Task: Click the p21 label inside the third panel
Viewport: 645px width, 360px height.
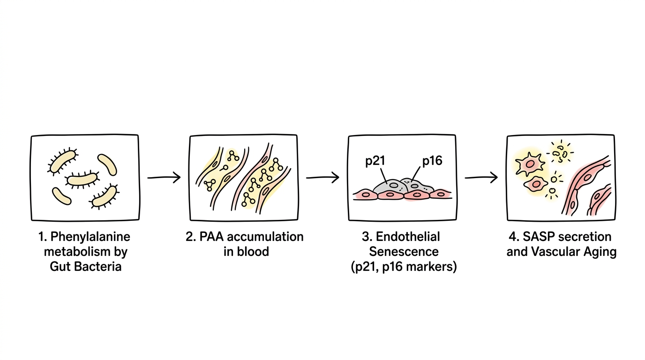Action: [375, 161]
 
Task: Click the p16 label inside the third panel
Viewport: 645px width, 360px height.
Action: [432, 161]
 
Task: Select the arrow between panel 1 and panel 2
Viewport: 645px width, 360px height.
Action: [164, 177]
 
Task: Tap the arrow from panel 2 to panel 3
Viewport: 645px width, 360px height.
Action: [322, 177]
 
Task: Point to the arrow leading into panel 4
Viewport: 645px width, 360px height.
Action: [481, 177]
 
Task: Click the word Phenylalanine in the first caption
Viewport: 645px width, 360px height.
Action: [90, 237]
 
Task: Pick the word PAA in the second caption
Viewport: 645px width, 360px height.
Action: [212, 237]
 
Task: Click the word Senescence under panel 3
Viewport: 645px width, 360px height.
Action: [404, 252]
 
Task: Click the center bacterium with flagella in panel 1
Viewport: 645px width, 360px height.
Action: [82, 180]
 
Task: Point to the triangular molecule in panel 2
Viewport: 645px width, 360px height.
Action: [210, 185]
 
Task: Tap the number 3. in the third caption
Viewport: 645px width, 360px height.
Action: [367, 237]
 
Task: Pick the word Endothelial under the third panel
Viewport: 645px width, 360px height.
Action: [408, 237]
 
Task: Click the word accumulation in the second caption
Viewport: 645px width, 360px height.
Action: [265, 237]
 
